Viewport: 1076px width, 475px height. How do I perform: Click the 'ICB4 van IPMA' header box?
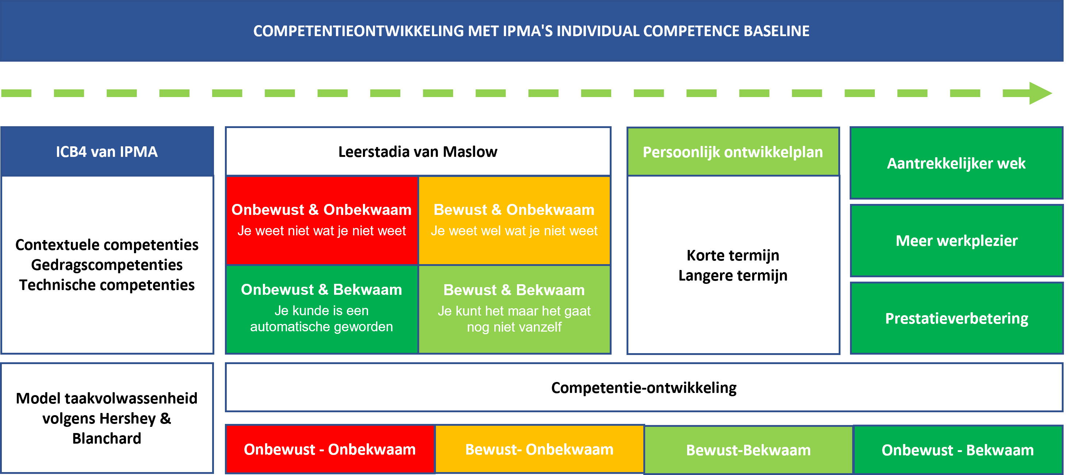point(107,151)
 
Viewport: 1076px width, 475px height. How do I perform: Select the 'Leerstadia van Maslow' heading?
point(418,152)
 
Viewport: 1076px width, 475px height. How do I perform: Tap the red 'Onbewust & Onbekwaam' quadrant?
point(322,220)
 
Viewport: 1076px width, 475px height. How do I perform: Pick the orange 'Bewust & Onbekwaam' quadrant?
point(514,220)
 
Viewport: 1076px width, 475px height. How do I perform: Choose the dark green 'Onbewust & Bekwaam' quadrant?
point(322,309)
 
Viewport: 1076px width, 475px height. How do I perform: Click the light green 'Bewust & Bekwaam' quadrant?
point(514,309)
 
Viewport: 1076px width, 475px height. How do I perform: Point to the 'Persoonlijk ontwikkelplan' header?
point(733,151)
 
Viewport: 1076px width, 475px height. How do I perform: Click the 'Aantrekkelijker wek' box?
point(957,163)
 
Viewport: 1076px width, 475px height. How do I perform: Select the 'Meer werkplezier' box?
point(957,241)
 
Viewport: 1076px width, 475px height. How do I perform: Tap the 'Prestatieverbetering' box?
point(957,318)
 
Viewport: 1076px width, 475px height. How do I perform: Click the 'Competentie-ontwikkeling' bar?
point(644,387)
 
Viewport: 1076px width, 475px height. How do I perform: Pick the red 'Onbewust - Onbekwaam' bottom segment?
point(330,449)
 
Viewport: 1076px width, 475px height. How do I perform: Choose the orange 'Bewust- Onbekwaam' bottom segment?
point(540,449)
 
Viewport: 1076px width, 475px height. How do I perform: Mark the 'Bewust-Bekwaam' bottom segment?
point(748,450)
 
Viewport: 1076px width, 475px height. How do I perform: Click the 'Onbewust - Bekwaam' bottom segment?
point(958,450)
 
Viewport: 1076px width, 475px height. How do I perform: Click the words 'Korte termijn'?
point(733,255)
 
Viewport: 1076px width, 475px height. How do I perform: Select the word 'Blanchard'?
point(107,439)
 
